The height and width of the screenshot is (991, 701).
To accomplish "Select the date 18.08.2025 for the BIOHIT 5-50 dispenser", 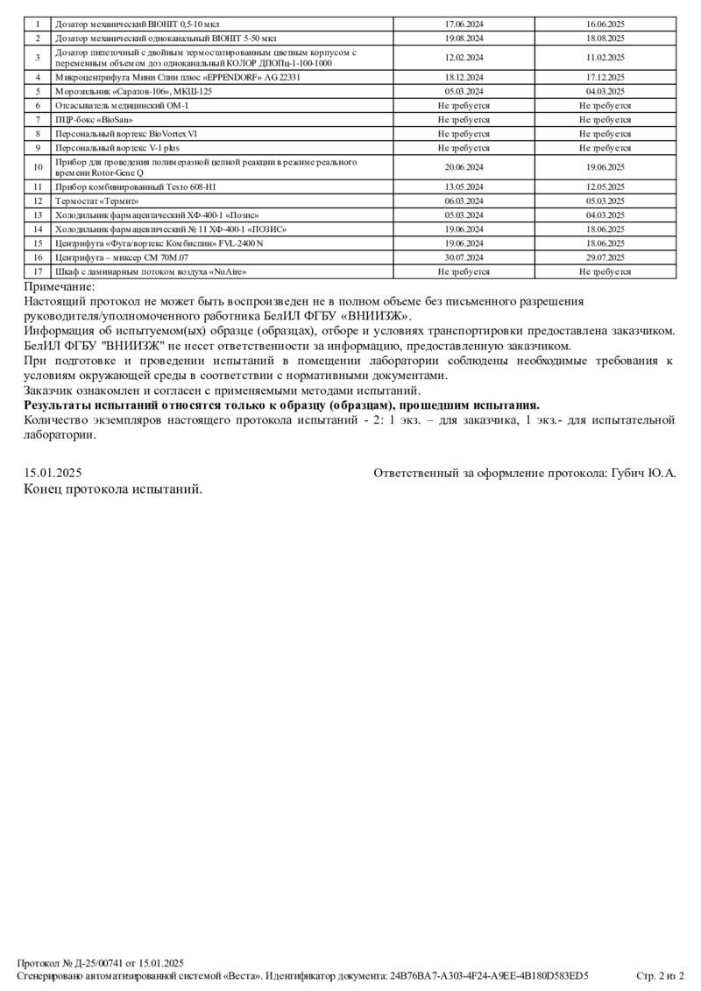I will (605, 39).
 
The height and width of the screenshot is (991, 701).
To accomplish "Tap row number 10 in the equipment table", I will (38, 166).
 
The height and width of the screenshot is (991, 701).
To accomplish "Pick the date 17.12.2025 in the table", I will (605, 77).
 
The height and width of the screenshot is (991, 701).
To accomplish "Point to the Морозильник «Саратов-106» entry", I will (133, 91).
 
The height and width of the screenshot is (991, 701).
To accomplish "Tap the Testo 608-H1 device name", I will (135, 186).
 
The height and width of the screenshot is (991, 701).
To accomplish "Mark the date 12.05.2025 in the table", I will (605, 186).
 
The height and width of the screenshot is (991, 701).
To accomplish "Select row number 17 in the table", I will (38, 271).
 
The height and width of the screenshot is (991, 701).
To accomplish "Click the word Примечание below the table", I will (59, 287).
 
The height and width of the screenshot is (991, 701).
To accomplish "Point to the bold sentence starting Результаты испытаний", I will (281, 405).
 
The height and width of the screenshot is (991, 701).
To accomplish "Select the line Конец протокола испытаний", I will (113, 488).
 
